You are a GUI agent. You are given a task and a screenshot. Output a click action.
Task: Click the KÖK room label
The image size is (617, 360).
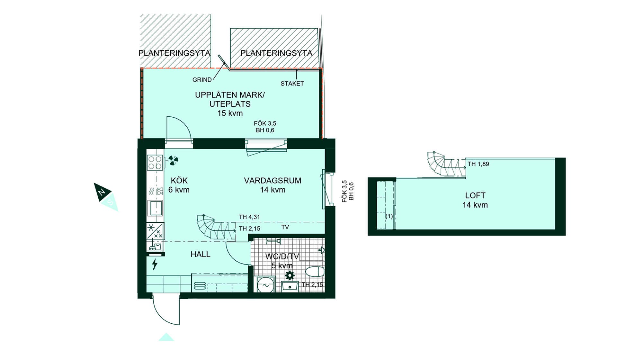179,181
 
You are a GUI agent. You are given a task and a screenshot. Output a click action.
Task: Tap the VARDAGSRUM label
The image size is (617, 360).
273,181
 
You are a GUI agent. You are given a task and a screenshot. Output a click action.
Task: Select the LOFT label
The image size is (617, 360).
475,195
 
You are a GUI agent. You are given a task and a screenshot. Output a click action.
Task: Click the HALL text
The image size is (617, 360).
201,254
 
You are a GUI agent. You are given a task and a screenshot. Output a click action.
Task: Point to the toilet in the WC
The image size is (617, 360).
315,271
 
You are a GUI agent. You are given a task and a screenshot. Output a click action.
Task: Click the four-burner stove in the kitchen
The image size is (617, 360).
155,163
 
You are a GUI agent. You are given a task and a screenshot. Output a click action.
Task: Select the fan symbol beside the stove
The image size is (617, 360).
173,160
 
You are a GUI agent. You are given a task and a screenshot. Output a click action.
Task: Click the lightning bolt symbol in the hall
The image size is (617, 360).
155,264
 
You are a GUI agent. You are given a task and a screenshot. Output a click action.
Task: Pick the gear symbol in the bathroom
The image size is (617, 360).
290,275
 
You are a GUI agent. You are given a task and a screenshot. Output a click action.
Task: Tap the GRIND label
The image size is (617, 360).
202,80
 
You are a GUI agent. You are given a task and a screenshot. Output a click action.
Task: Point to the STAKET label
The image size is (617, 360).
292,84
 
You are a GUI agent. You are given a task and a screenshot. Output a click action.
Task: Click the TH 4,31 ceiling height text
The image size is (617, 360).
249,217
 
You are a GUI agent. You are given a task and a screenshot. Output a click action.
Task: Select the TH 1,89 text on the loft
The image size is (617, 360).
478,164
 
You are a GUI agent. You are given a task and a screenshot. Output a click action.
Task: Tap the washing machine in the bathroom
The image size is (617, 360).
266,284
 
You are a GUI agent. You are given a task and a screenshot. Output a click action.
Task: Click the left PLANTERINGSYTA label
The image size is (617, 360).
174,53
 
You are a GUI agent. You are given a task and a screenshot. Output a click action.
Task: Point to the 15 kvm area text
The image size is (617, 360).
230,113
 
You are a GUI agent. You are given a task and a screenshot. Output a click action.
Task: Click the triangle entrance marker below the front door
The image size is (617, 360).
166,337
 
